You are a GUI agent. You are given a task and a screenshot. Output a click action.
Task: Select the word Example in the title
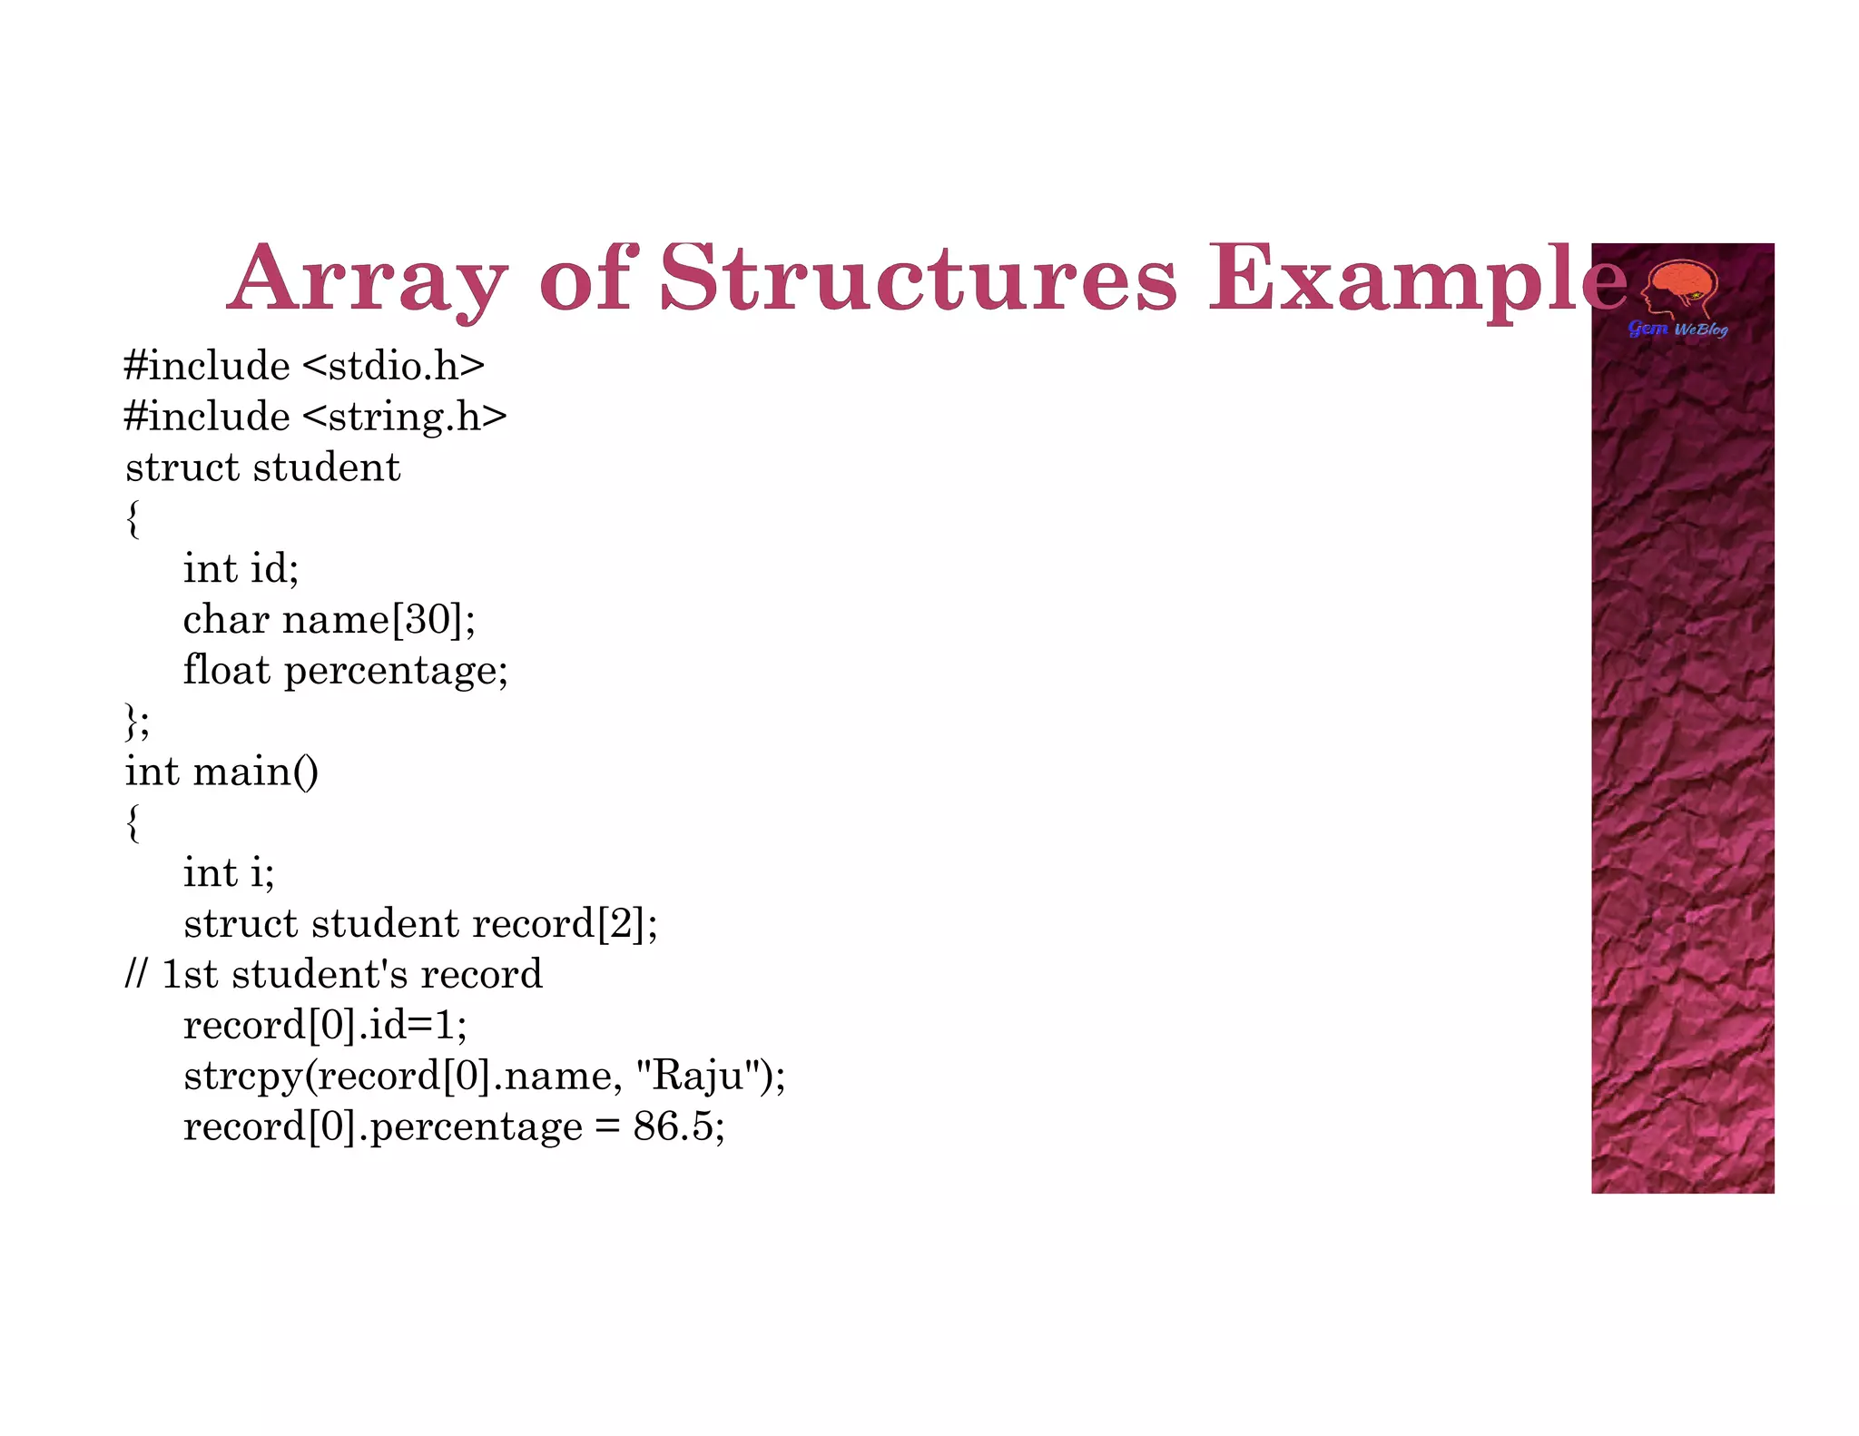pos(1416,280)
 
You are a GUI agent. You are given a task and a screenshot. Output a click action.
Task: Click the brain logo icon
pos(1681,289)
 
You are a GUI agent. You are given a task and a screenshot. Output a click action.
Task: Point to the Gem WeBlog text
pos(1677,329)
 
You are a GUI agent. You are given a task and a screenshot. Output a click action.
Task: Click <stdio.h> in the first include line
pos(393,366)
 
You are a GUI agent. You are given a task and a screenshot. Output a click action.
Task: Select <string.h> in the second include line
pos(404,417)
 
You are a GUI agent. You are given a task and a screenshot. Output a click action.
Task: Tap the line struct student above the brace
pos(262,467)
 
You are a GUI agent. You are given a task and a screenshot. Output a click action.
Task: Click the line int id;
pos(241,569)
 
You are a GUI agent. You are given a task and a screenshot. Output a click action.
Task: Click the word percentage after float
pos(396,672)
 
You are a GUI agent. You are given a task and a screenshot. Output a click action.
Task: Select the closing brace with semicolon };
pos(136,723)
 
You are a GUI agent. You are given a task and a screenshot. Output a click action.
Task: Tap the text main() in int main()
pos(255,772)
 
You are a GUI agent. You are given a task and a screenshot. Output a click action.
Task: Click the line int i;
pos(228,873)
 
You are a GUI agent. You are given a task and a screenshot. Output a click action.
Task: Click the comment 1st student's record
pos(351,975)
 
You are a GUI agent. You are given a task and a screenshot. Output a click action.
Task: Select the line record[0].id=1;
pos(324,1026)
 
